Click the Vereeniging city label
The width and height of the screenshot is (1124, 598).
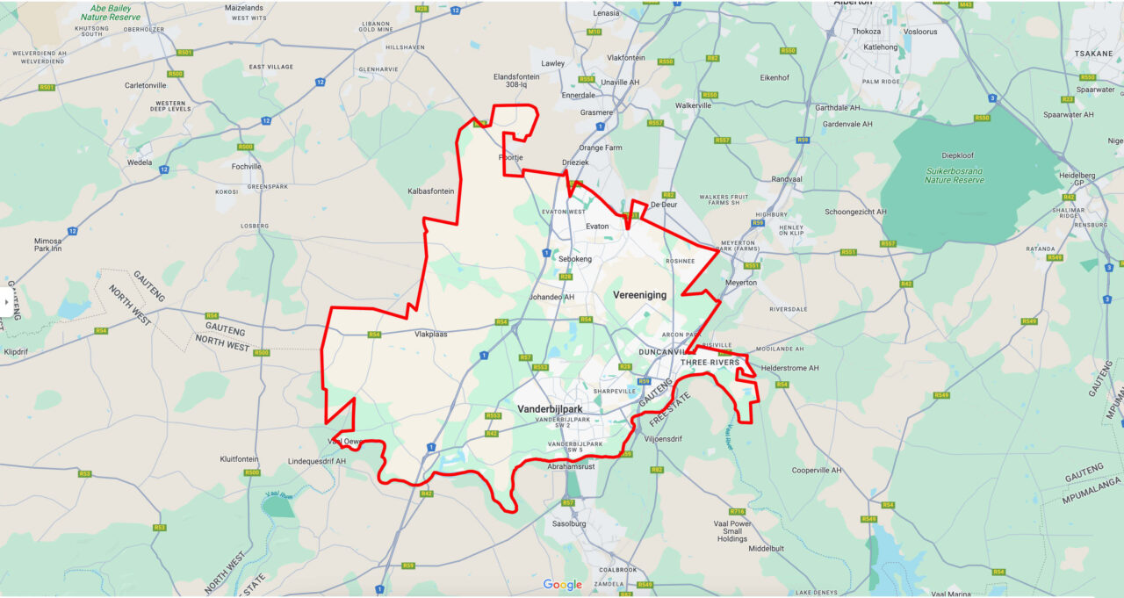coord(639,295)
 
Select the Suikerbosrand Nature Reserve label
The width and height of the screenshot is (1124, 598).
coord(954,175)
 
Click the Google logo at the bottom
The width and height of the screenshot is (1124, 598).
coord(562,585)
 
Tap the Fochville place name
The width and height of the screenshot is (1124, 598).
coord(246,166)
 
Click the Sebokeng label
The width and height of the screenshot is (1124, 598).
coord(575,259)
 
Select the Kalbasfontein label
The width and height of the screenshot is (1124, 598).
coord(430,191)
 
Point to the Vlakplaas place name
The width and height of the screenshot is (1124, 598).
coord(431,334)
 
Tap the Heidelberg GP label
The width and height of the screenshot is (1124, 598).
coord(1077,180)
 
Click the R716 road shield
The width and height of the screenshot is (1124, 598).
coord(736,511)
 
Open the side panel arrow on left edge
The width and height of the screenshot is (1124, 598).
coord(6,303)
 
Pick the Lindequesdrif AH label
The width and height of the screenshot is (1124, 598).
coord(317,461)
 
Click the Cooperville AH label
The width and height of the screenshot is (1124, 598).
coord(816,471)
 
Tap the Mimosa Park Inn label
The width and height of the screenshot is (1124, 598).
coord(47,245)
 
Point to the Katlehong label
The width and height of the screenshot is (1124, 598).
coord(882,47)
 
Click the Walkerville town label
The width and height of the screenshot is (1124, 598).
coord(693,105)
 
